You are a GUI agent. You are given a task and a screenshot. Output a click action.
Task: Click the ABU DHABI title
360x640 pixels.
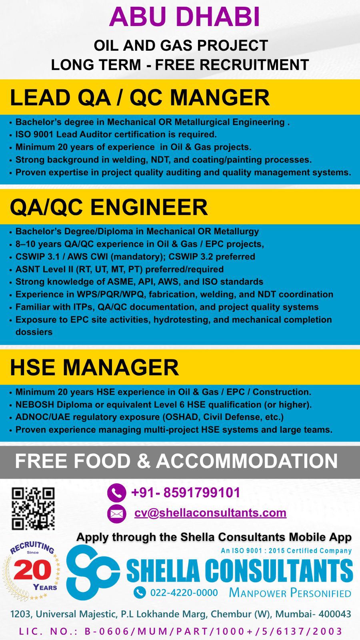click(184, 17)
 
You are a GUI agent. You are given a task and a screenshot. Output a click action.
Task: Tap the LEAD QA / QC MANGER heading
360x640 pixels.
click(140, 98)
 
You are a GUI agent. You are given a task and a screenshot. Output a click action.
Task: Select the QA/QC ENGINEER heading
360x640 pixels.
click(109, 207)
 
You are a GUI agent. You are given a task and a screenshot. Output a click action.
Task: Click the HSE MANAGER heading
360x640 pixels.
click(94, 367)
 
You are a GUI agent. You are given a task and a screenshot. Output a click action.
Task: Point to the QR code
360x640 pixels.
click(33, 508)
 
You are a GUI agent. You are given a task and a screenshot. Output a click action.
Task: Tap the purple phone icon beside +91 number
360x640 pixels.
click(116, 492)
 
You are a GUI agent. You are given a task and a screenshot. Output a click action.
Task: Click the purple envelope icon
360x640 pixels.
click(116, 514)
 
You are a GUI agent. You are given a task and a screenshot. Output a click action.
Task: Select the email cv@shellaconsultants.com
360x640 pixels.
click(210, 513)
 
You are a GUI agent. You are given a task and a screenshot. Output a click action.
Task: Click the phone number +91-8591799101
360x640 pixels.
click(186, 492)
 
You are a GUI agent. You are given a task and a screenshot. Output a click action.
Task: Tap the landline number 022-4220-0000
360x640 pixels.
click(184, 592)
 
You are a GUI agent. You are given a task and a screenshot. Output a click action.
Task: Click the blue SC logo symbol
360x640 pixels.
click(93, 572)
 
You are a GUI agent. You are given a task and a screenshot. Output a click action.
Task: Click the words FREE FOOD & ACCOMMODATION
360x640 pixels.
click(176, 461)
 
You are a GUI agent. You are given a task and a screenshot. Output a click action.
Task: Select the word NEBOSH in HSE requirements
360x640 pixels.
click(35, 404)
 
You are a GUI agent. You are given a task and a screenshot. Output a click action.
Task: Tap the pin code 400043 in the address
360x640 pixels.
click(332, 614)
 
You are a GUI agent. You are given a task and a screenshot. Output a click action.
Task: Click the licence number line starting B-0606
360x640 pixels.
click(214, 631)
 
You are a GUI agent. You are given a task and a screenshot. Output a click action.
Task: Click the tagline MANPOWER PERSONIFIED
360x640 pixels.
click(290, 593)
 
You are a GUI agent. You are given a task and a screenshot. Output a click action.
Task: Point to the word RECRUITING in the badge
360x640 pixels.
click(32, 548)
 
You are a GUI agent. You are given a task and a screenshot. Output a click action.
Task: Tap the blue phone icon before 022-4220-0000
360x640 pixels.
click(140, 592)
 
